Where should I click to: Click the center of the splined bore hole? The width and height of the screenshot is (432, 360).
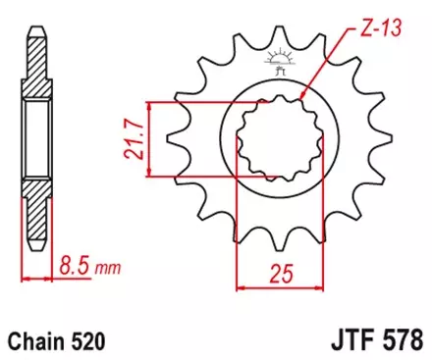(x=277, y=140)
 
